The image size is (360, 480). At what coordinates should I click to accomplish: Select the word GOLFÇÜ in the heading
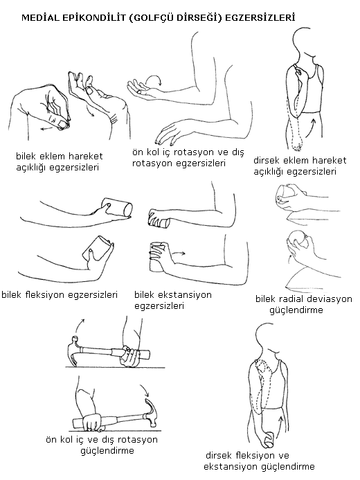[151, 18]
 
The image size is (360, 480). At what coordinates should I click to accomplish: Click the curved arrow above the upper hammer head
[80, 326]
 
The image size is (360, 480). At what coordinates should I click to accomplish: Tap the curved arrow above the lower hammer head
[145, 389]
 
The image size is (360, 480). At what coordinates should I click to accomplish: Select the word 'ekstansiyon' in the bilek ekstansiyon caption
[185, 295]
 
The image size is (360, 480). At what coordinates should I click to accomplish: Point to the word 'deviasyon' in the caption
[330, 299]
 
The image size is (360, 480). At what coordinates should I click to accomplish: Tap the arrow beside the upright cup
[178, 254]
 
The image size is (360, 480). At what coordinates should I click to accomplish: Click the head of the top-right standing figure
[306, 39]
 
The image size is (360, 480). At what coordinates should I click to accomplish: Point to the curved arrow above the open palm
[154, 80]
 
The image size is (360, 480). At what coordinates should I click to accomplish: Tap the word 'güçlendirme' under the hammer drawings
[107, 451]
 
